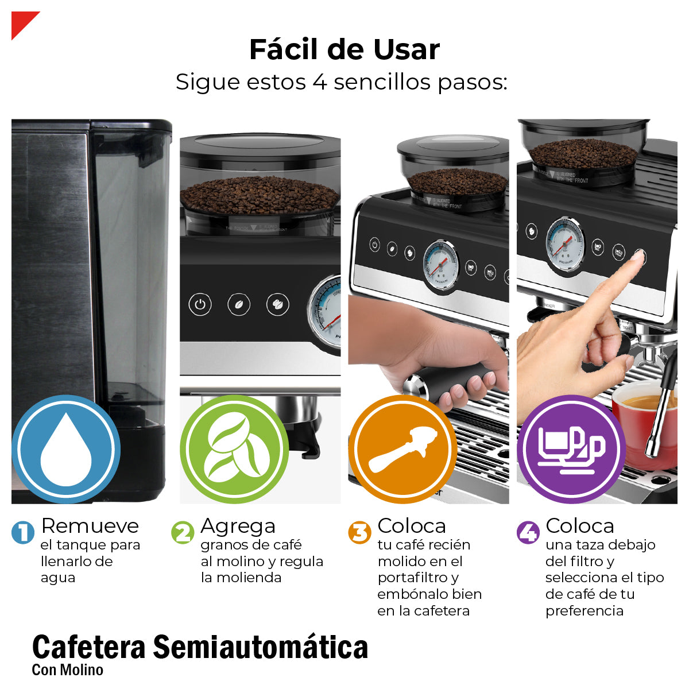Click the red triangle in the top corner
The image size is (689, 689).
point(21,21)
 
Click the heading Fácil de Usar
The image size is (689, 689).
point(344,49)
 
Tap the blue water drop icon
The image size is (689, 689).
point(66,449)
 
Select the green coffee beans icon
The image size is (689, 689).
point(234,449)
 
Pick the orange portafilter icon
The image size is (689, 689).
point(402,449)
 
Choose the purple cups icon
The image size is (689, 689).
point(571,449)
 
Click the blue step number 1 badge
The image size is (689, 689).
point(23,532)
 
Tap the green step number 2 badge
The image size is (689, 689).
point(183,532)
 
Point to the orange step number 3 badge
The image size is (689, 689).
point(359,532)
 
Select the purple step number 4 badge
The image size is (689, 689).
point(528,532)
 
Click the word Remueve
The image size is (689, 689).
point(90,526)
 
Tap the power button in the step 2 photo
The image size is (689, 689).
point(200,304)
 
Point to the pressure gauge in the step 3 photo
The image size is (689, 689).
point(440,265)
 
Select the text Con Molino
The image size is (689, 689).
point(68,670)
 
